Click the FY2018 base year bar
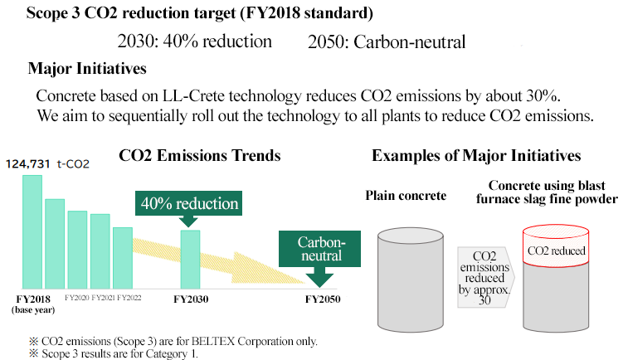coord(32,232)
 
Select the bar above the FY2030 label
coord(190,260)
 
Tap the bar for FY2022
coord(123,258)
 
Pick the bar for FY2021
coord(100,251)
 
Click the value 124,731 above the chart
coord(27,163)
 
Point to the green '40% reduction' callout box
coord(188,203)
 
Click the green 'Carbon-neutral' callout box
coord(319,249)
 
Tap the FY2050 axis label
coord(323,299)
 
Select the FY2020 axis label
coord(77,298)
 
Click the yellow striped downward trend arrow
coord(218,260)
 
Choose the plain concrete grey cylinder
coord(411,280)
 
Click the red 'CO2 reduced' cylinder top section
coord(556,246)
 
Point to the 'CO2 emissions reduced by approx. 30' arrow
coord(485,277)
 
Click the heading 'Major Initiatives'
coord(87,69)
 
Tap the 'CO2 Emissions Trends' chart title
coord(199,155)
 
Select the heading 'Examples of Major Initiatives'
coord(476,155)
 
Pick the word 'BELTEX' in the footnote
coord(212,341)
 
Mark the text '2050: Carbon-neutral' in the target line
coord(387,42)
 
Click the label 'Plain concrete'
coord(406,196)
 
